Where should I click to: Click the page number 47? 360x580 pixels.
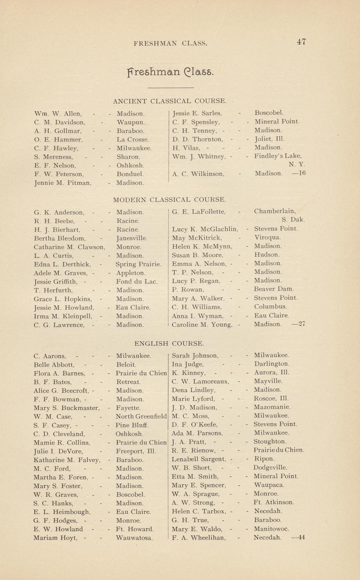[301, 42]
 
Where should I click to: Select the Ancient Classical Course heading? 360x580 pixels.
[170, 101]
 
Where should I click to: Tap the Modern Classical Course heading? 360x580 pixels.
[169, 199]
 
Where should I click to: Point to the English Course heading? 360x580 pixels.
[169, 343]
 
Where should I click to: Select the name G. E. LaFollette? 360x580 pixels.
[199, 212]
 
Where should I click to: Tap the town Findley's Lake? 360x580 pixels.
[278, 156]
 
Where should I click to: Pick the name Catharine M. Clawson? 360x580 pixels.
[69, 247]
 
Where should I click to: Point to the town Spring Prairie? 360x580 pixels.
[139, 264]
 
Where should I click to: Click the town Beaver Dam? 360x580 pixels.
[274, 289]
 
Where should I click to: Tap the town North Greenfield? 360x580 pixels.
[142, 416]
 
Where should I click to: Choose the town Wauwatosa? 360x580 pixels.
[134, 537]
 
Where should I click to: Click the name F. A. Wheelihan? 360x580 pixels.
[199, 537]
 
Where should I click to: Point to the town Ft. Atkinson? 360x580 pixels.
[274, 502]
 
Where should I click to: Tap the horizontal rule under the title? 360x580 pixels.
[171, 88]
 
